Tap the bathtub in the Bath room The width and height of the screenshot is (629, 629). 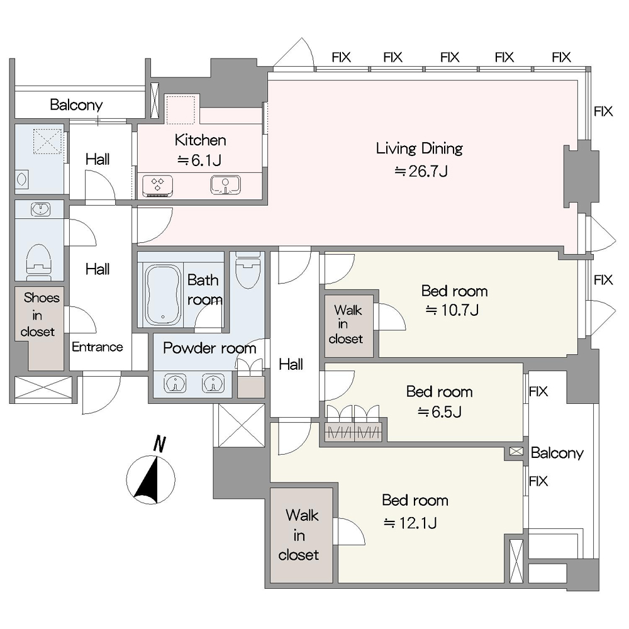pos(163,295)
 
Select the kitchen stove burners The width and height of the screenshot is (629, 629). pos(158,186)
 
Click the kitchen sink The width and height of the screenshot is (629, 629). pos(225,185)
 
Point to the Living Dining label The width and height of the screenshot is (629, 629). pos(419,149)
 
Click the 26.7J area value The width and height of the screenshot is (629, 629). pos(421,172)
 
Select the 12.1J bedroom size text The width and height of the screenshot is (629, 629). pos(410,523)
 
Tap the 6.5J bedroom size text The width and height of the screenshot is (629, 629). pos(440,412)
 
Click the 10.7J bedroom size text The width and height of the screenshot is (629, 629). pos(452,310)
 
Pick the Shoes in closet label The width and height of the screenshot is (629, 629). pos(39,314)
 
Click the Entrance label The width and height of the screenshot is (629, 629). pos(97,347)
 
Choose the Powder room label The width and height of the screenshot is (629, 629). pos(209,348)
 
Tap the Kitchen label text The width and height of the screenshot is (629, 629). pos(200,140)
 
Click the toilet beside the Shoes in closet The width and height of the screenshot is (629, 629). pos(38,261)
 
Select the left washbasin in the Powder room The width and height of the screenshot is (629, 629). pos(175,384)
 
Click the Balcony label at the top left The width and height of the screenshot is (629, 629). pos(76,105)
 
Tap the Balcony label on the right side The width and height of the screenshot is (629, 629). pos(557,454)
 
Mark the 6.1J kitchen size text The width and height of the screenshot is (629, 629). pos(199,160)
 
